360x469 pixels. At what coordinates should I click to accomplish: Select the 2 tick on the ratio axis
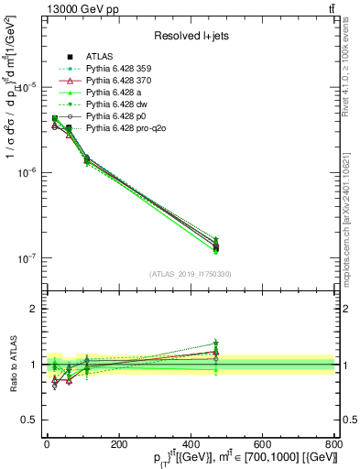coord(35,309)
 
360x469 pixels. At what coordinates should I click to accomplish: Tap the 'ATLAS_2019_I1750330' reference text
coord(190,274)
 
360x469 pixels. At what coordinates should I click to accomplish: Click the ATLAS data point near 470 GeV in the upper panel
coord(215,246)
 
